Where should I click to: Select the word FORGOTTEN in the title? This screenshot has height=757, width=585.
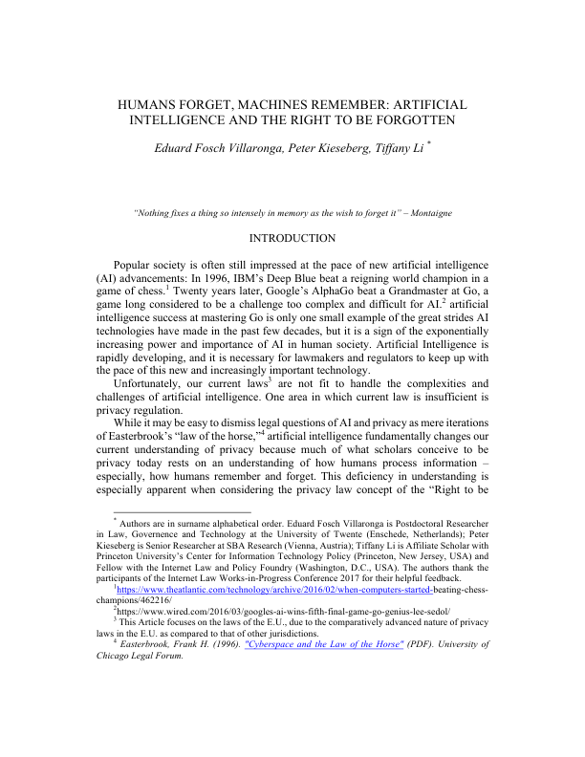click(407, 121)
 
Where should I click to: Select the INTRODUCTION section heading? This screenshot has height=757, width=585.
click(292, 238)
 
